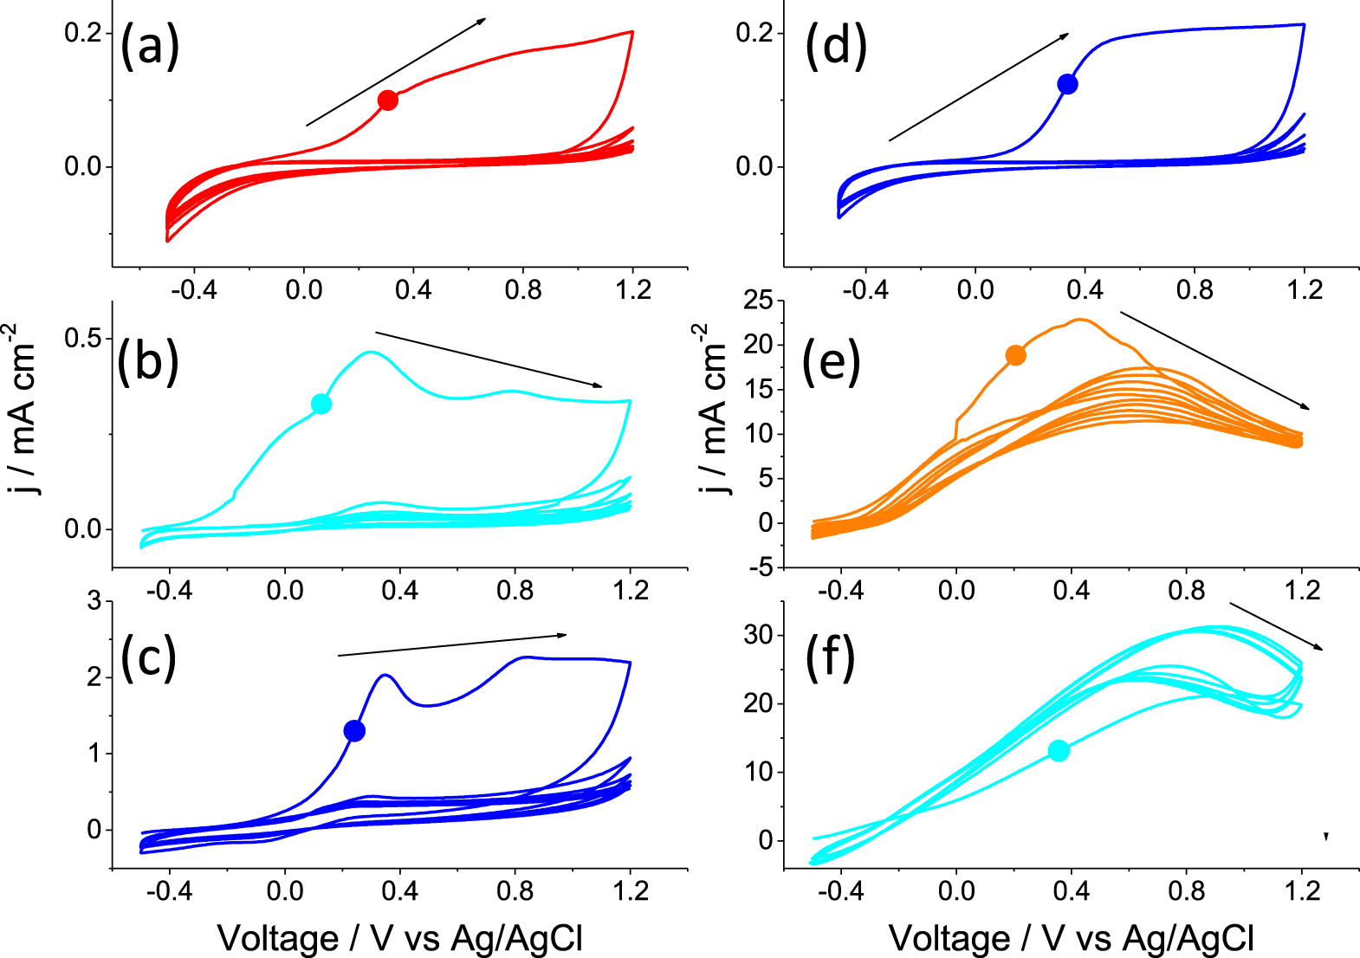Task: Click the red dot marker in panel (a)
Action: (x=388, y=100)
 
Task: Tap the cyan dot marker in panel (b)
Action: (x=321, y=404)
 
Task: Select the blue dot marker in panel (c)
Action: (x=354, y=731)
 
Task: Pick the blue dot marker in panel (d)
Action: (x=1067, y=84)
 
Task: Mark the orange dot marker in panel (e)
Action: (x=1016, y=355)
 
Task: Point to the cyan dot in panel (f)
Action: (x=1059, y=751)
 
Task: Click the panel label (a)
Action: (x=150, y=46)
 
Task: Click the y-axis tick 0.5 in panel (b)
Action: (x=82, y=338)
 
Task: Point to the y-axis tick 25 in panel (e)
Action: (x=759, y=301)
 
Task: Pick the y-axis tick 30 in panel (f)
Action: (x=759, y=635)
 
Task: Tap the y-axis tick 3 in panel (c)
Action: (x=94, y=601)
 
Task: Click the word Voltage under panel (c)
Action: (x=278, y=938)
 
